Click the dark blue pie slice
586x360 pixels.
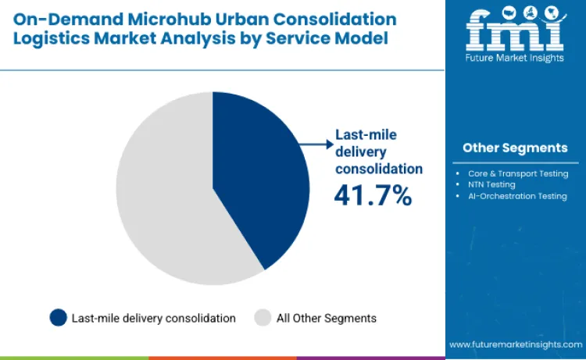pos(258,180)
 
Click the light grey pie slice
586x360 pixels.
pos(164,195)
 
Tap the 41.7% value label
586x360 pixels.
pos(373,195)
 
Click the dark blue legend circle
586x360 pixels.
pos(58,318)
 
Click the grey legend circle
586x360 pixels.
pos(263,318)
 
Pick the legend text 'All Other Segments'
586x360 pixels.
pos(327,318)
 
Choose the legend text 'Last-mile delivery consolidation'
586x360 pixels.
pos(153,318)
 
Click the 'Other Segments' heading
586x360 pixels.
pos(515,148)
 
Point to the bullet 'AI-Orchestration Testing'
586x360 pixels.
pos(516,196)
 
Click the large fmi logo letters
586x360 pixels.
pos(515,30)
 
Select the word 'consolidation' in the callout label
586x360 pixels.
pos(379,168)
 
